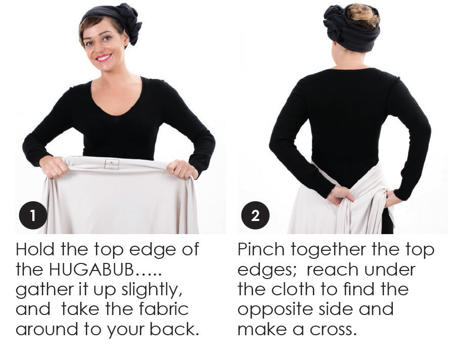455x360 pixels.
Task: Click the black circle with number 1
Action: point(33,215)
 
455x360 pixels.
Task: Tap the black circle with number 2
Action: point(255,215)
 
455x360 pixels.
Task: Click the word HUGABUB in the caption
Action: point(91,269)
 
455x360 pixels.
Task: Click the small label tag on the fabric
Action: point(112,164)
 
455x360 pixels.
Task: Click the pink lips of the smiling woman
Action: point(104,58)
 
